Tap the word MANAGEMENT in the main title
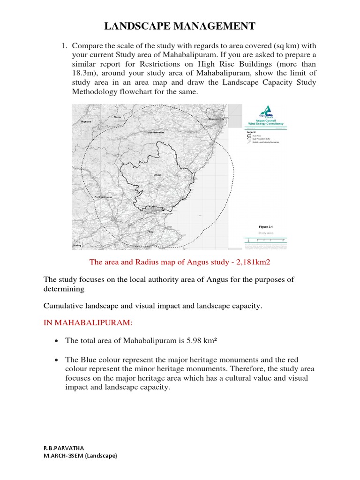pyautogui.click(x=217, y=26)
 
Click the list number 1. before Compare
pyautogui.click(x=64, y=45)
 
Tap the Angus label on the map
pyautogui.click(x=157, y=176)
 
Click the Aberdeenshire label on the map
pyautogui.click(x=156, y=132)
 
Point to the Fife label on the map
pyautogui.click(x=151, y=232)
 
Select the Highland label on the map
pyautogui.click(x=86, y=121)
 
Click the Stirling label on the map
pyautogui.click(x=77, y=245)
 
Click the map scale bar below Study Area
pyautogui.click(x=266, y=240)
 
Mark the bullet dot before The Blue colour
pyautogui.click(x=56, y=360)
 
